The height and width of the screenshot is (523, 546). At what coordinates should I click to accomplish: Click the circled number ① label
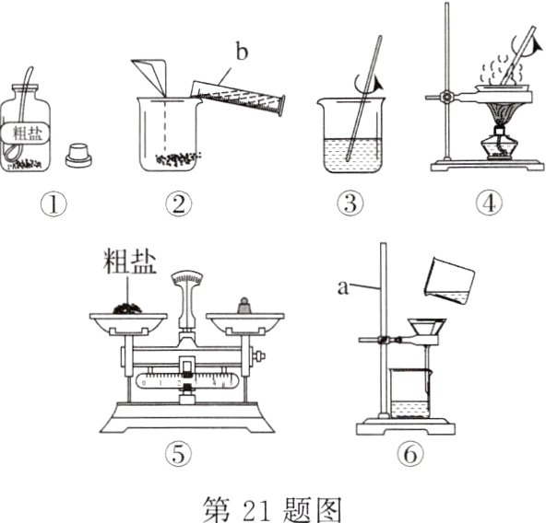coord(53,204)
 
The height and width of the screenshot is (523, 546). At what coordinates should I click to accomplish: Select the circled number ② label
coord(179,204)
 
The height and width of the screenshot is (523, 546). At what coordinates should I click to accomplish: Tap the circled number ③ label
coord(350,203)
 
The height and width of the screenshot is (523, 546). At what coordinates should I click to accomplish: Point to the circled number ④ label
coord(489,203)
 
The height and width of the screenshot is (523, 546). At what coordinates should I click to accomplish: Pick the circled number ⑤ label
coord(179,454)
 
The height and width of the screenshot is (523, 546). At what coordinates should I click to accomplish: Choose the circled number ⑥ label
coord(410,454)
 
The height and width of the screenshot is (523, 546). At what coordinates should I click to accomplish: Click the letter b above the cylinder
coord(242,52)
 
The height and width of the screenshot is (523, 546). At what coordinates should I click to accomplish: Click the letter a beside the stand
coord(343,287)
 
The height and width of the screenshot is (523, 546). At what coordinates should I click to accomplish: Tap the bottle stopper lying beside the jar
coord(78,156)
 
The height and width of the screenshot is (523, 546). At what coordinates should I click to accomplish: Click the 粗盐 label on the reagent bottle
coord(27,134)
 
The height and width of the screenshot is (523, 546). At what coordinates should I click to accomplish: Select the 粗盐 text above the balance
coord(129,261)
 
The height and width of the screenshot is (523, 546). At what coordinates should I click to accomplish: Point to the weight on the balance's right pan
coord(244,306)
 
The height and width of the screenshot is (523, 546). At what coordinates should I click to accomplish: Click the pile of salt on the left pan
coord(127,308)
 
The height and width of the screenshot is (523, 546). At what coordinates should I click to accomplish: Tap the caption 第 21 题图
coord(272,509)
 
